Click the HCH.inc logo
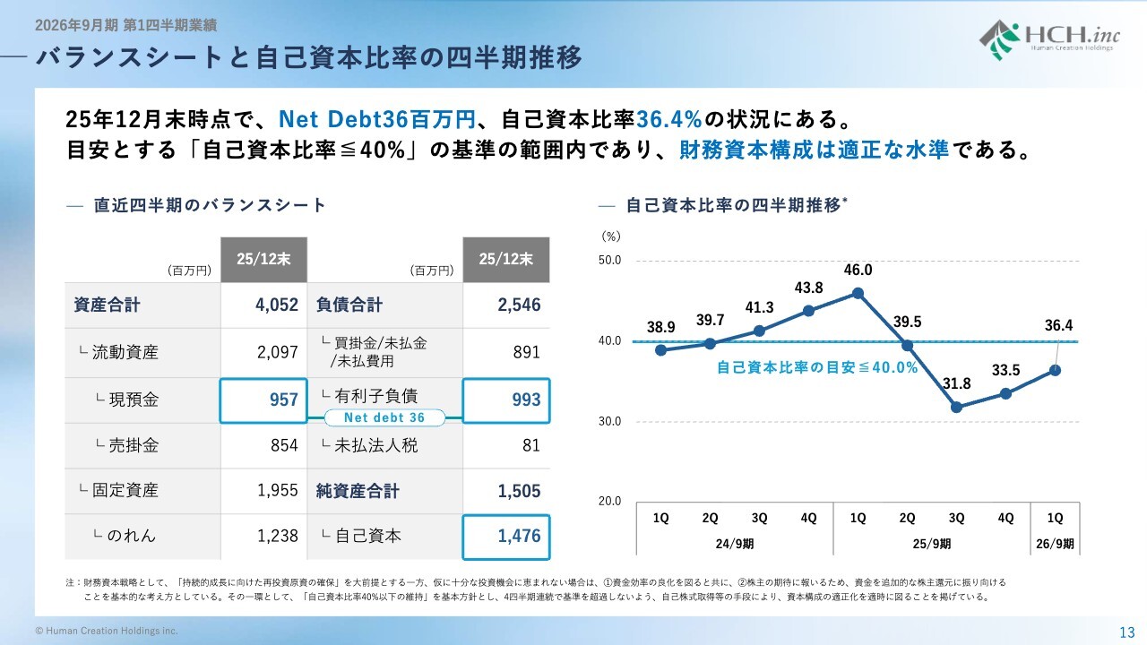[x=1047, y=39]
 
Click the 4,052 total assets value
[x=276, y=305]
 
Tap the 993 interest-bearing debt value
[x=506, y=400]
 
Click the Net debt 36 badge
[x=385, y=417]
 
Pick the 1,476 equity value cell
[x=506, y=536]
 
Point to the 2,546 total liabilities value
[x=519, y=305]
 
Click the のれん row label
[x=125, y=536]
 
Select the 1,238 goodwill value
[x=276, y=536]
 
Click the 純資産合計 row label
[x=358, y=491]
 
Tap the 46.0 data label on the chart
[x=858, y=270]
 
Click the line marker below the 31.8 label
[x=956, y=408]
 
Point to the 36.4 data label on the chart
[x=1058, y=326]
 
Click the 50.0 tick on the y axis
[x=610, y=261]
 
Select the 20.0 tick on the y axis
[x=610, y=501]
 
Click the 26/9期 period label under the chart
[x=1055, y=543]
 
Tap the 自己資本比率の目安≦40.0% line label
[x=817, y=367]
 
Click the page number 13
[x=1127, y=631]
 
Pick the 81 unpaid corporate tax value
[x=530, y=445]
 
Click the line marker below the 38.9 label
[x=660, y=350]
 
